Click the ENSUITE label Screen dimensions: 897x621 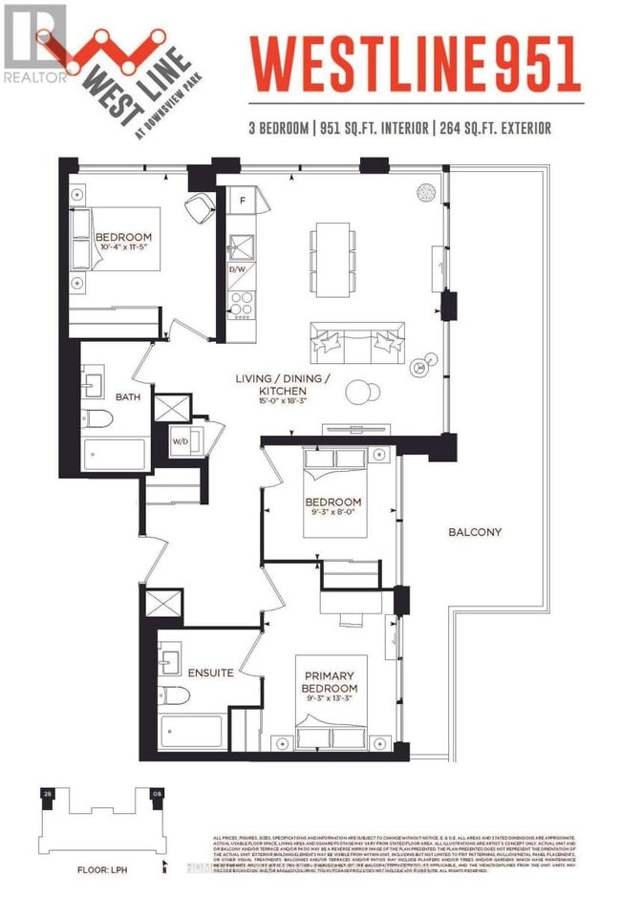click(210, 673)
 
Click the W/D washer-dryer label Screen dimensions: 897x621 click(181, 441)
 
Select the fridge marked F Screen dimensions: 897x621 click(243, 202)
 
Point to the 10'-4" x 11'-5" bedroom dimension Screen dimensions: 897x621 click(123, 250)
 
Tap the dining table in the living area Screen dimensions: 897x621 click(333, 250)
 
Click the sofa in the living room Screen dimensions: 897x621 click(355, 339)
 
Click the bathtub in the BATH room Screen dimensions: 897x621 click(116, 455)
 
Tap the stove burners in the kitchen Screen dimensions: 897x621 click(240, 303)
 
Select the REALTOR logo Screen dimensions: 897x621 click(34, 43)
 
